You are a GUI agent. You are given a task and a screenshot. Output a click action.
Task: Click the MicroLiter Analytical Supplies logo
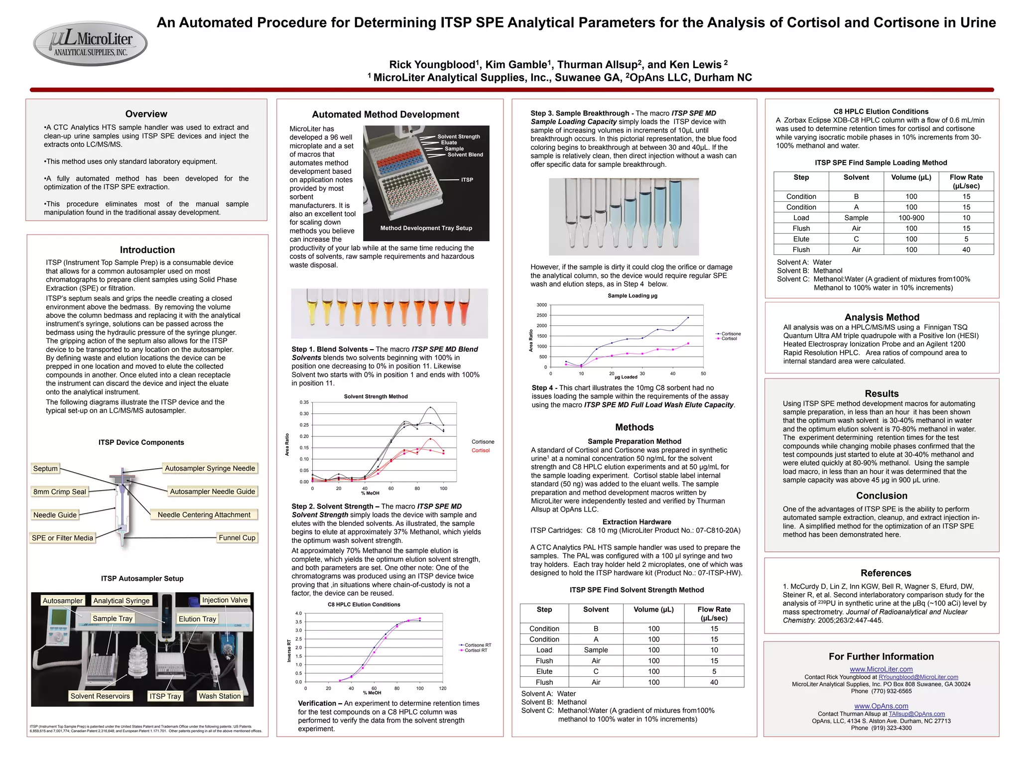[90, 44]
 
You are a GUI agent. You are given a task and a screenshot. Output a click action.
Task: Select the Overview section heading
[146, 114]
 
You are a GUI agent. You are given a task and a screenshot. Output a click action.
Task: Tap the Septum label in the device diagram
[45, 469]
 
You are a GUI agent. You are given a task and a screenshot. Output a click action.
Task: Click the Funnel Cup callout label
[237, 538]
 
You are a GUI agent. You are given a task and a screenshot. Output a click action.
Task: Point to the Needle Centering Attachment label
[204, 515]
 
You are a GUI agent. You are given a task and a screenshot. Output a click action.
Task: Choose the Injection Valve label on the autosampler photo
[225, 600]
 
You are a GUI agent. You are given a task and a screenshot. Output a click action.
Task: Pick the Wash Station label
[220, 696]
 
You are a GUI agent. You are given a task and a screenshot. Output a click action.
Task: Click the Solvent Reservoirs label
[100, 696]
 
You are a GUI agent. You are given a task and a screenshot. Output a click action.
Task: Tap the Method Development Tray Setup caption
[426, 228]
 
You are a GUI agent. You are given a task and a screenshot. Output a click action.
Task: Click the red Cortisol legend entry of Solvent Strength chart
[481, 450]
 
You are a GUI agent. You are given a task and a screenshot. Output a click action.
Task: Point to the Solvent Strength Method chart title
[376, 396]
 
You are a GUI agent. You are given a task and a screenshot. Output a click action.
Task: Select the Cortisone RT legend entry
[477, 645]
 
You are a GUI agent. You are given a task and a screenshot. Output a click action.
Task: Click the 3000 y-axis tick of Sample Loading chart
[541, 305]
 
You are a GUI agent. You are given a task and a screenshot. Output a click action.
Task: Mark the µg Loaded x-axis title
[626, 377]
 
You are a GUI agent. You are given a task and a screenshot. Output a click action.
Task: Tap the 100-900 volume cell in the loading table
[911, 218]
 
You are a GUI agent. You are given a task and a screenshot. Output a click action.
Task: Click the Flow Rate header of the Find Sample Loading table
[966, 181]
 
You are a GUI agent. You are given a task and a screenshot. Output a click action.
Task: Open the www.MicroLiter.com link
[881, 669]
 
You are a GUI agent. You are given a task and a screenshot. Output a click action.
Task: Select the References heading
[886, 573]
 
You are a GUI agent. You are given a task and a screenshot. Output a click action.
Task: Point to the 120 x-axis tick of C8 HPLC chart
[443, 688]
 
